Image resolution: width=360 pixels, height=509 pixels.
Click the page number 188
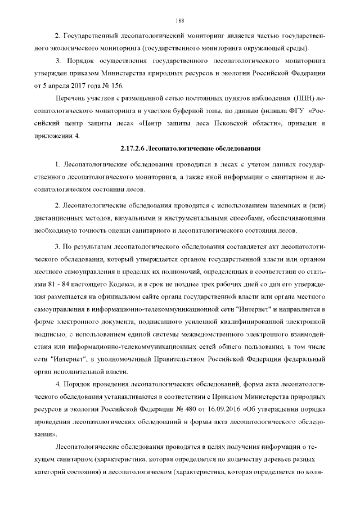[180, 21]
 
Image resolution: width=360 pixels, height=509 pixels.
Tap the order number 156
[121, 85]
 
